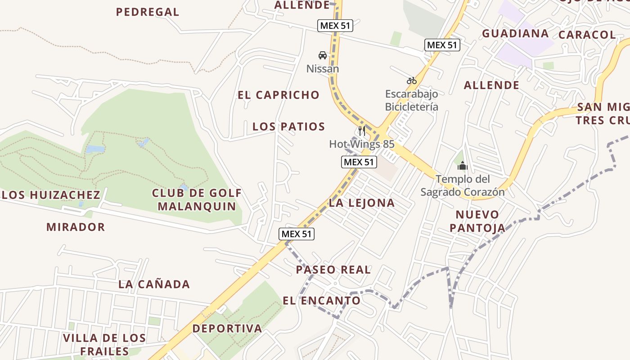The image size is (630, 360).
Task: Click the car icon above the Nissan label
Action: pos(322,55)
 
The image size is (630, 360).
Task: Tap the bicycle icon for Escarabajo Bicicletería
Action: pos(411,81)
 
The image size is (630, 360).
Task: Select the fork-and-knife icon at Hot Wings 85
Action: pos(362,131)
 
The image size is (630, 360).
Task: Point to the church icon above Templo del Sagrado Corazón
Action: pos(462,166)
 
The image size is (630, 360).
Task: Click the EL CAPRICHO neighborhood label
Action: pos(279,95)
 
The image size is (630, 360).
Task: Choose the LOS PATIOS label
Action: pos(288,126)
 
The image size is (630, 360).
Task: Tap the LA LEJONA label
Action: pos(362,203)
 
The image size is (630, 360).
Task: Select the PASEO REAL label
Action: pos(333,270)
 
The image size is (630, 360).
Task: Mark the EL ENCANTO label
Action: pos(322,300)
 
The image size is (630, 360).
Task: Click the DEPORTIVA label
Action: pos(227,328)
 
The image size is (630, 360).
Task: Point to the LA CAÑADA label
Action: pos(154,284)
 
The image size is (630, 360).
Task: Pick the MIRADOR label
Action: pos(76,227)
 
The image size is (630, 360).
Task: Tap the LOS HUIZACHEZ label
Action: pos(51,195)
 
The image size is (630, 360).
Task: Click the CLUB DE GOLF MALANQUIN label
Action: pos(197,200)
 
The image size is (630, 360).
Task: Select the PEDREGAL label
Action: pos(148,12)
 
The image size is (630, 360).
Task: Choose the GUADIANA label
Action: pos(515,33)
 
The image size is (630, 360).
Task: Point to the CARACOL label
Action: pos(587,35)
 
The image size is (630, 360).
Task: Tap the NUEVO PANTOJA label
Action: pos(477,221)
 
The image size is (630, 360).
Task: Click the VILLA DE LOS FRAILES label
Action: pos(104,345)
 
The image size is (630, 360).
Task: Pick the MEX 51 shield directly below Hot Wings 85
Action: pos(359,162)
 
